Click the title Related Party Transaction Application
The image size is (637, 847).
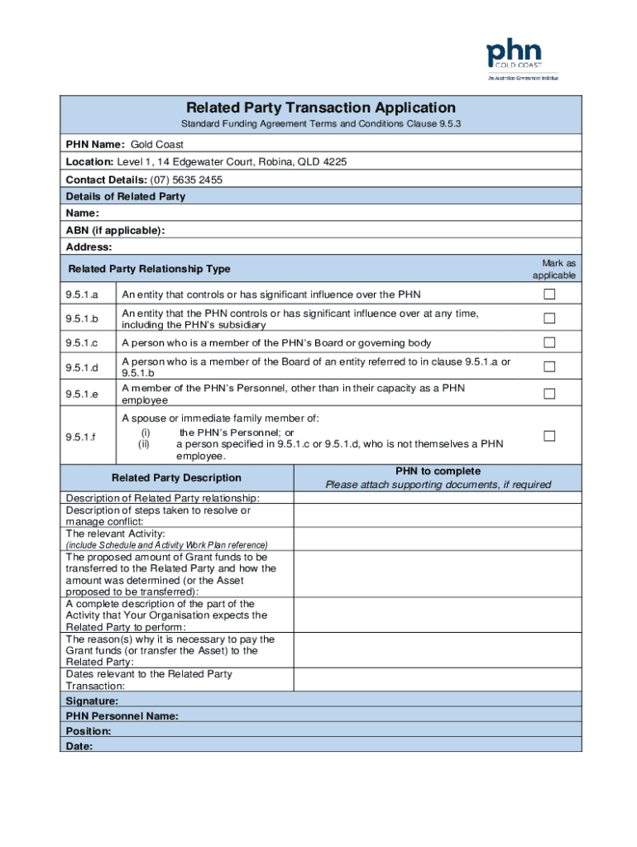tap(320, 108)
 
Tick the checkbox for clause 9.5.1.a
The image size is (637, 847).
tap(548, 295)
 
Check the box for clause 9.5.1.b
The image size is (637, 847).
tap(548, 318)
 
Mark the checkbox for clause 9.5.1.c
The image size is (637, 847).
tap(548, 343)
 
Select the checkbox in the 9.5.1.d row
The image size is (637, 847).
tap(548, 367)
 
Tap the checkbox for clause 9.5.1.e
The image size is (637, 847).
tap(548, 394)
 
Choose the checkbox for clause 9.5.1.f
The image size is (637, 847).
tap(548, 436)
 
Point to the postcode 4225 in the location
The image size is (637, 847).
tap(334, 162)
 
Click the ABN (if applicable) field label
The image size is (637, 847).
tap(115, 230)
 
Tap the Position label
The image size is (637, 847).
tap(89, 731)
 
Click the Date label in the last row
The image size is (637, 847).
tap(79, 746)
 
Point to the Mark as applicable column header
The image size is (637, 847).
tap(553, 269)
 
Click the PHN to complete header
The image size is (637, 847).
tap(438, 471)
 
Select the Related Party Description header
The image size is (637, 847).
tap(176, 477)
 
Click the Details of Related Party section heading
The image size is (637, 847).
tap(126, 197)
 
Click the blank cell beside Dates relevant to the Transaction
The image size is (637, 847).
tap(438, 680)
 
